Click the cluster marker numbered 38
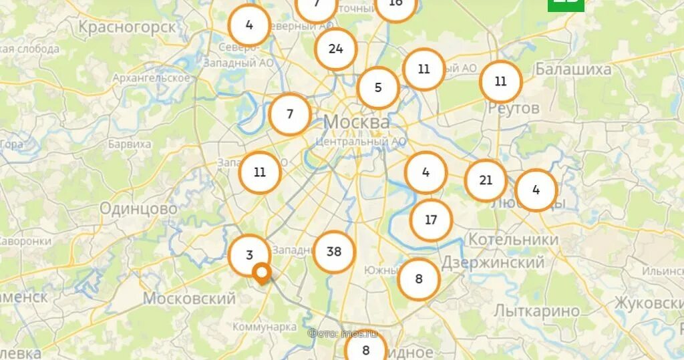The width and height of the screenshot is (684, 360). (334, 252)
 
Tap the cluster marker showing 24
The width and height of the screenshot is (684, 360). (335, 49)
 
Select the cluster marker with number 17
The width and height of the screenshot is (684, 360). (431, 220)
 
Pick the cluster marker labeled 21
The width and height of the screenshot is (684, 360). (486, 180)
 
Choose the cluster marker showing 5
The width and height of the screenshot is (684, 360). (378, 87)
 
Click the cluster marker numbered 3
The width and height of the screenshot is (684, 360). (249, 255)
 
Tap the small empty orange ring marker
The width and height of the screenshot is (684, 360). (263, 272)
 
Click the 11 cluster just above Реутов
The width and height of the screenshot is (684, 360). (501, 81)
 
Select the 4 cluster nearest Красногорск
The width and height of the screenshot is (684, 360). (249, 25)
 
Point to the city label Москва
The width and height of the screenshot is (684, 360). (356, 122)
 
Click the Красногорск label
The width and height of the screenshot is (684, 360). (127, 27)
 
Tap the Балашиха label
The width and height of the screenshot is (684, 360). (572, 69)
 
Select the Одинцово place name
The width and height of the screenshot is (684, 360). (139, 209)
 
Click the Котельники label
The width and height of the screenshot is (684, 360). (513, 239)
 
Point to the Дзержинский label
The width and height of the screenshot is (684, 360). (493, 262)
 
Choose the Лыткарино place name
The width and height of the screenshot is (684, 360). (537, 311)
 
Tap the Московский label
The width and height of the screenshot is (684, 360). (190, 299)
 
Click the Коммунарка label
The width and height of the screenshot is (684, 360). (265, 327)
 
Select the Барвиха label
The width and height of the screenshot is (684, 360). (130, 144)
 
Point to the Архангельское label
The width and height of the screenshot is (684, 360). (152, 78)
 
